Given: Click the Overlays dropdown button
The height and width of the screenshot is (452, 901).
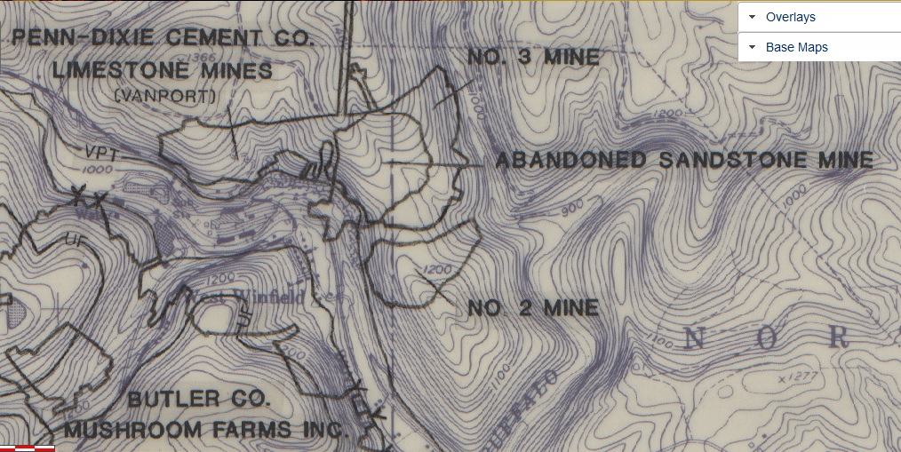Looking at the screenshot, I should (819, 17).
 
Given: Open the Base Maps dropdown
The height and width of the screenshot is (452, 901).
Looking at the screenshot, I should (819, 47).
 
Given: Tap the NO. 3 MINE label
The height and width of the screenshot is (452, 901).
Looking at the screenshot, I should (533, 58).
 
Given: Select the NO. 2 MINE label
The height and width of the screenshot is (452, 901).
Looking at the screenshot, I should (533, 308).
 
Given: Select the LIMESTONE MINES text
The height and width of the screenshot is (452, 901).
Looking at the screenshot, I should (163, 69).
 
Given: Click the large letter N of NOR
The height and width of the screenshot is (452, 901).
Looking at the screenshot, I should (696, 337).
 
